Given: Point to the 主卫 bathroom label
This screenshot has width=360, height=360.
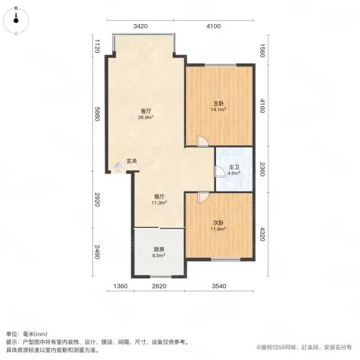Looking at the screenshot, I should pyautogui.click(x=234, y=168).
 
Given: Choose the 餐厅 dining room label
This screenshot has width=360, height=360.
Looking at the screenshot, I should pyautogui.click(x=159, y=196).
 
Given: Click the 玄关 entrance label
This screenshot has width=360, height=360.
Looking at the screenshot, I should pyautogui.click(x=132, y=160).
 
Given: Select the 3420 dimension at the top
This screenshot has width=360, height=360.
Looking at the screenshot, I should pyautogui.click(x=140, y=26).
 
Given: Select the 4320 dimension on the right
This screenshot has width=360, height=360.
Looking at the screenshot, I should pyautogui.click(x=262, y=229).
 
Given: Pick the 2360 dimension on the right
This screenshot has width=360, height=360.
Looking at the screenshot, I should pyautogui.click(x=262, y=168).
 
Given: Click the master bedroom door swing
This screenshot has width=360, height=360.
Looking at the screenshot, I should pyautogui.click(x=203, y=142).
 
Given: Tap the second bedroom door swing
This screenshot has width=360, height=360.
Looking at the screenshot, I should pyautogui.click(x=203, y=197).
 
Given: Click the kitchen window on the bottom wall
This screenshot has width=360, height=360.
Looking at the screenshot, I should pyautogui.click(x=160, y=277).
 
